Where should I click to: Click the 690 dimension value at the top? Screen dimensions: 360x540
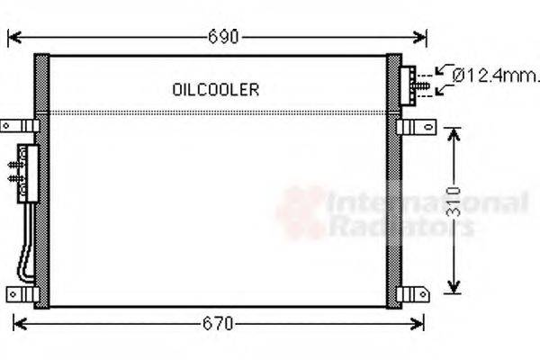click(x=223, y=37)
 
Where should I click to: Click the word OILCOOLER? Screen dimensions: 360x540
click(x=215, y=89)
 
